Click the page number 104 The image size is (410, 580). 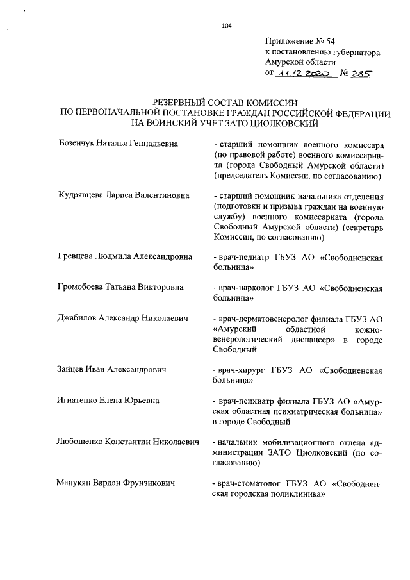coord(225,26)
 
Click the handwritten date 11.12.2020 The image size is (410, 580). coord(302,75)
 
